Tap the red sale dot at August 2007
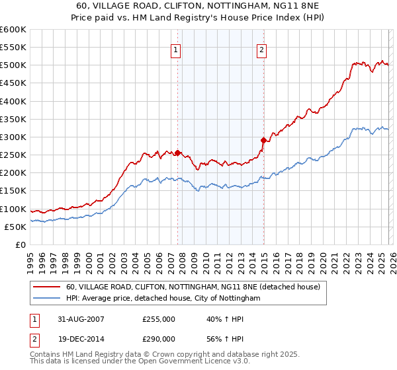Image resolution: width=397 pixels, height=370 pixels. [177, 153]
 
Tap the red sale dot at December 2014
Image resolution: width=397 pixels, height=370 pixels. [263, 140]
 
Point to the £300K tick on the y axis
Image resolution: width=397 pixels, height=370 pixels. [13, 137]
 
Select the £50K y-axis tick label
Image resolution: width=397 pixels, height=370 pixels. [16, 227]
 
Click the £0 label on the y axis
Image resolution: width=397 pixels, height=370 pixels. [21, 244]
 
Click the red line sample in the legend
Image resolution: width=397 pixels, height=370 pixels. [47, 287]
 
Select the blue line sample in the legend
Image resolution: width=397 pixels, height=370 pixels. [47, 299]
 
